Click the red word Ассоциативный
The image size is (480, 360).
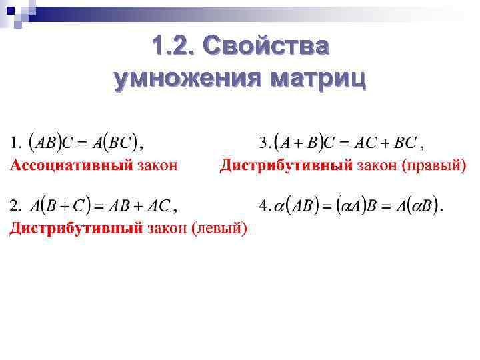pyautogui.click(x=70, y=165)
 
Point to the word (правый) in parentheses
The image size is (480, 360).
pyautogui.click(x=434, y=165)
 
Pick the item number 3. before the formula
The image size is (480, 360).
pyautogui.click(x=265, y=143)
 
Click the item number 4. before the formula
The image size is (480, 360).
pyautogui.click(x=265, y=206)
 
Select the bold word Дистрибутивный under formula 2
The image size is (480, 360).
pyautogui.click(x=75, y=229)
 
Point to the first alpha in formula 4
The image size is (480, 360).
pyautogui.click(x=280, y=207)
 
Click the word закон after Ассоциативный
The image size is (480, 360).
pyautogui.click(x=157, y=165)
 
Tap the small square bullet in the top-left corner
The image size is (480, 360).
pyautogui.click(x=11, y=10)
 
